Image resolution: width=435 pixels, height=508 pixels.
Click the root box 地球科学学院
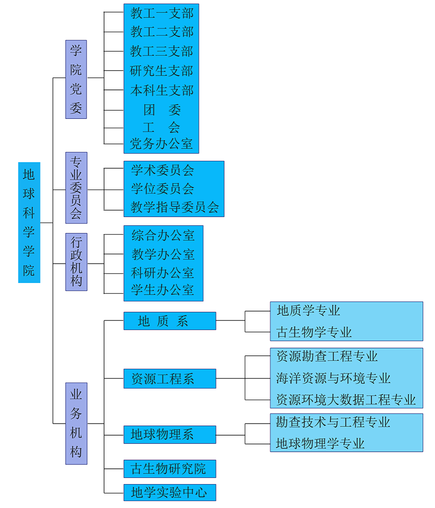pos(29,223)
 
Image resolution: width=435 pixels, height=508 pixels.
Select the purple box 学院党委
pos(76,79)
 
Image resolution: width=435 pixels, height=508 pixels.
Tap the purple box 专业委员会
pos(76,188)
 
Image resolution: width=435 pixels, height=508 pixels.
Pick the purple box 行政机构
pos(76,262)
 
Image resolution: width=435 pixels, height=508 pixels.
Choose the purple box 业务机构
pos(76,424)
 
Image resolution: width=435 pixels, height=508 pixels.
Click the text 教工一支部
pos(162,13)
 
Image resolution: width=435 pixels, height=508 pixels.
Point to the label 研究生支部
pos(161,71)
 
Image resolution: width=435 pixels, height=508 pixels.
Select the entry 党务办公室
pos(161,143)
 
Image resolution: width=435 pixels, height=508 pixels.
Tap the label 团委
pos(162,110)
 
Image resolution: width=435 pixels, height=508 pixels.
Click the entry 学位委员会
pos(163,189)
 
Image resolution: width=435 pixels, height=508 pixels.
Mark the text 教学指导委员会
pos(175,207)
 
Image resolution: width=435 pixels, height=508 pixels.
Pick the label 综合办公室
pos(163,235)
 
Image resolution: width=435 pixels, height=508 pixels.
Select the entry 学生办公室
pos(163,289)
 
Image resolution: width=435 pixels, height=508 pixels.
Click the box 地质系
pos(170,321)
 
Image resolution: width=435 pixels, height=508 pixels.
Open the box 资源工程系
pos(170,378)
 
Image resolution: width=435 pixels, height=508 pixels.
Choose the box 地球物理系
pos(170,434)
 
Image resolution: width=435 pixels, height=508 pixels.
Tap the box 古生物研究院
pos(170,468)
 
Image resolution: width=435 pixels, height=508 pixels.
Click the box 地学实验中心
pos(170,492)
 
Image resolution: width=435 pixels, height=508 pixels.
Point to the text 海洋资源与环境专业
pos(333,378)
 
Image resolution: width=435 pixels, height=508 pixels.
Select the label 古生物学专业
pos(314,332)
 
